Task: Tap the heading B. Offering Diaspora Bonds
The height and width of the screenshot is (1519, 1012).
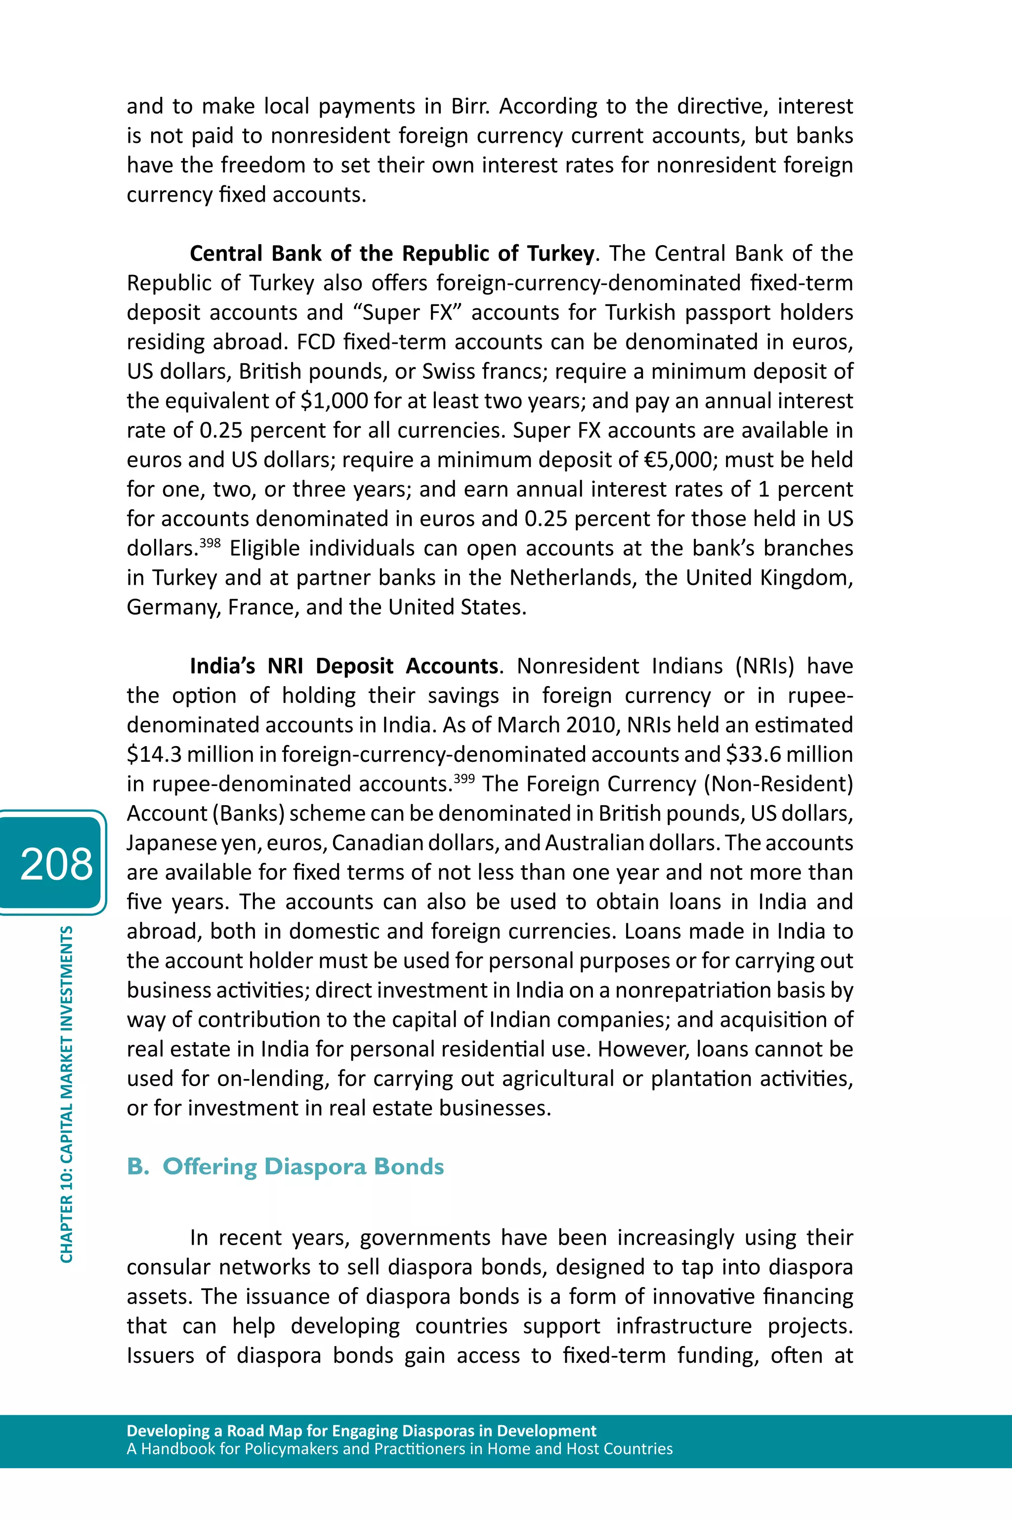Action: (285, 1167)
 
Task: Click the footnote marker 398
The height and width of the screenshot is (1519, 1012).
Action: (210, 542)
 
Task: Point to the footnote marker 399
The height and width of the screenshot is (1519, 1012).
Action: (464, 778)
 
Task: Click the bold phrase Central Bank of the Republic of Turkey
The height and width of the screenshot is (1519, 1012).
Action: (391, 254)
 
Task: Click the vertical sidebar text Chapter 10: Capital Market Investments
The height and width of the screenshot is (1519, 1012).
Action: (67, 1094)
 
